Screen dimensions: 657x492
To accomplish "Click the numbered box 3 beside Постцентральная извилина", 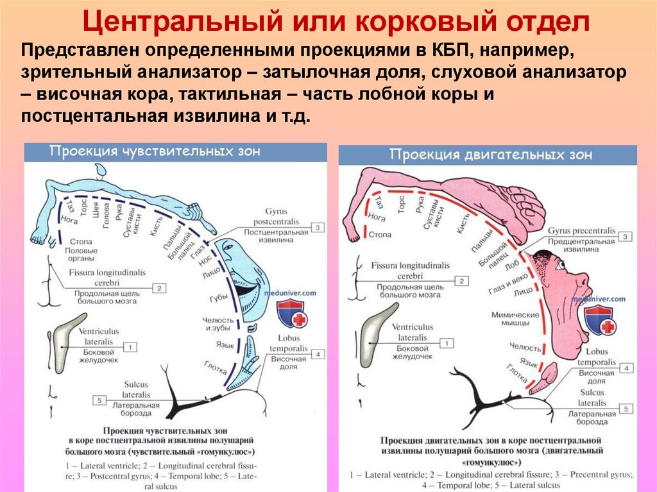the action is point(318,227).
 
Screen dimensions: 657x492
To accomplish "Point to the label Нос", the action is point(206,260).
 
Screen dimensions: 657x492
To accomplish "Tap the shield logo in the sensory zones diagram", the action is point(290,314).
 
